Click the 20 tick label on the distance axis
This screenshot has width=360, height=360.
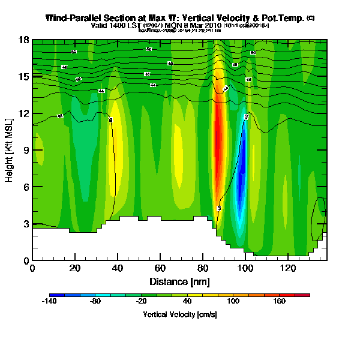click(x=75, y=268)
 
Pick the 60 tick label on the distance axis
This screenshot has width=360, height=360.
click(x=160, y=268)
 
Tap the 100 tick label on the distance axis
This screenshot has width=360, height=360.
click(x=245, y=268)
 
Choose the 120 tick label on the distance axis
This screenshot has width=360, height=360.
click(x=288, y=268)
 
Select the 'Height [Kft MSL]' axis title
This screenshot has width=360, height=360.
click(x=10, y=150)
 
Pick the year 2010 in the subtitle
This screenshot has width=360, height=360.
click(x=211, y=26)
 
